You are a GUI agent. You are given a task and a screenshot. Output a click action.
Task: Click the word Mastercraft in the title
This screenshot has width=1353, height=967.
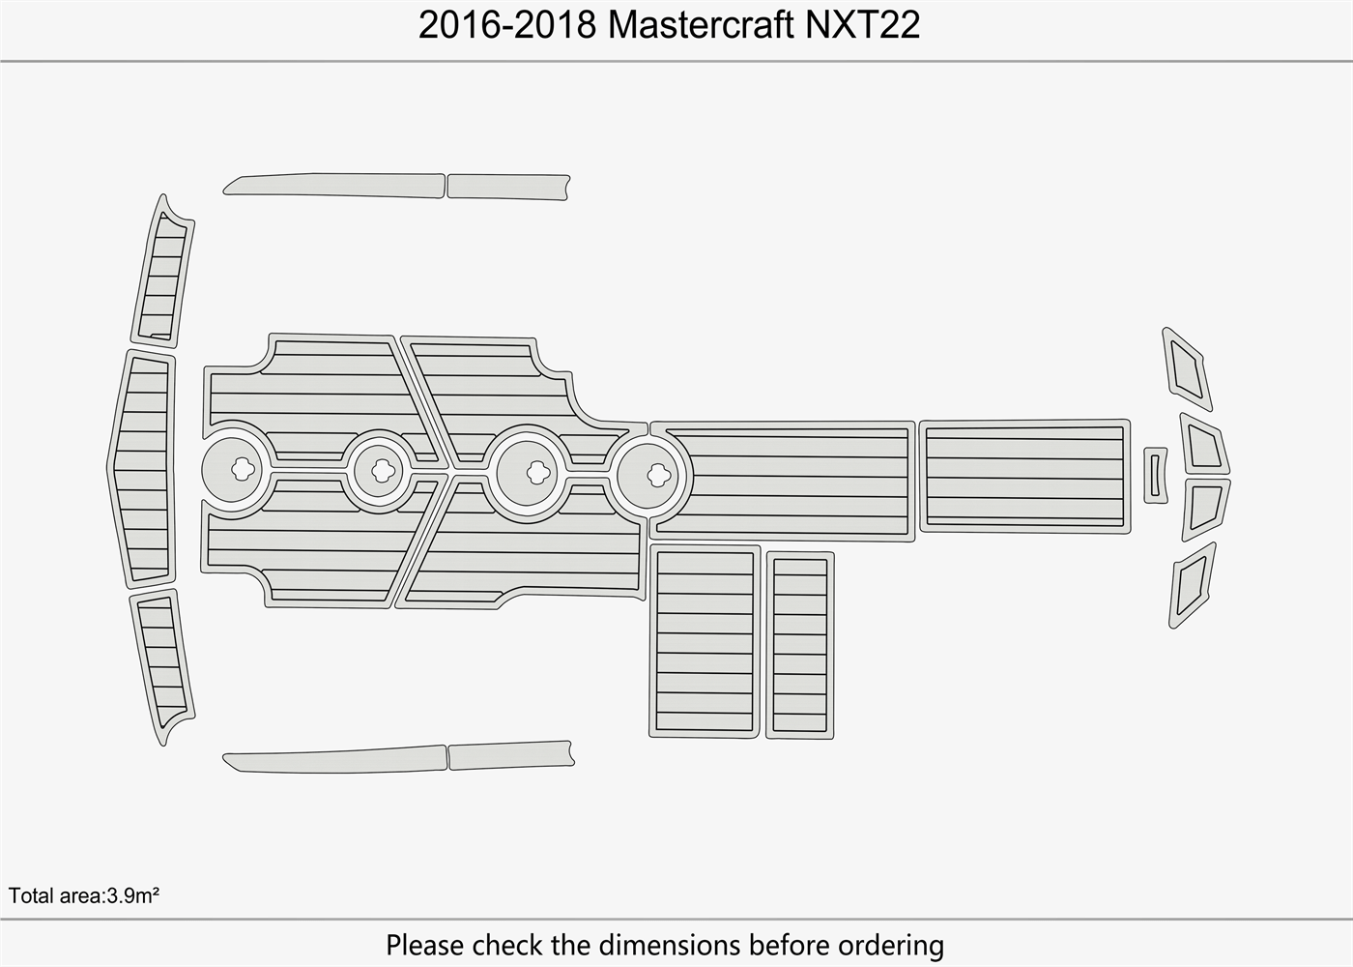[x=701, y=26]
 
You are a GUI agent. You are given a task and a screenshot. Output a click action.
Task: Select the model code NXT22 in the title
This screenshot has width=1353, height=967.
[x=863, y=26]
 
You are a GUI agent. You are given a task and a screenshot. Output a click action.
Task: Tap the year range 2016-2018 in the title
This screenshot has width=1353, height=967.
[x=507, y=26]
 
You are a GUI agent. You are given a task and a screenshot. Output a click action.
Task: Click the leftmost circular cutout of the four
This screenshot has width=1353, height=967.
[x=245, y=469]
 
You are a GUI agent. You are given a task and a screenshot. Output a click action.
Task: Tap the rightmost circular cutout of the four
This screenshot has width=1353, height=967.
[x=658, y=475]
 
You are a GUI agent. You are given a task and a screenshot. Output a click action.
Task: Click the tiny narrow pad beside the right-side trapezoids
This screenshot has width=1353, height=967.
[x=1155, y=475]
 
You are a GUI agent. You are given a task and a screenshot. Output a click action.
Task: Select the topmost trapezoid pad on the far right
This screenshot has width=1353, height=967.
[x=1187, y=368]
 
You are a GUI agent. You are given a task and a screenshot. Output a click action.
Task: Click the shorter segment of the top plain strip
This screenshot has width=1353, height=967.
[x=507, y=187]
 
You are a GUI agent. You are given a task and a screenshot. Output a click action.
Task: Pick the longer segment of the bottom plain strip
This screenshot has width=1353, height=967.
[x=334, y=760]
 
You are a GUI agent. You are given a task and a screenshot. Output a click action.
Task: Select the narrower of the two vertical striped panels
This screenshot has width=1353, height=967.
[x=800, y=645]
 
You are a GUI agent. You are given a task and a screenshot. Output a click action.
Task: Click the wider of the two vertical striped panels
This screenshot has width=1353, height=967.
[x=705, y=641]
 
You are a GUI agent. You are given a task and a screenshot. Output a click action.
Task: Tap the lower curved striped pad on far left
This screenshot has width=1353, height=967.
[x=163, y=664]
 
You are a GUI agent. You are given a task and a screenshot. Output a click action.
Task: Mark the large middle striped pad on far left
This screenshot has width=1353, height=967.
[x=144, y=469]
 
